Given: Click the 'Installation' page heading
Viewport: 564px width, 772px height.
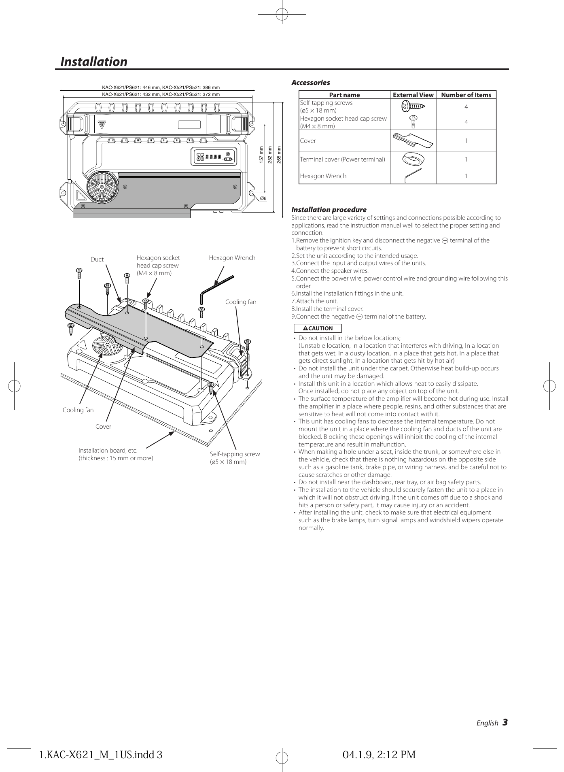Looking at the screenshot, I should tap(93, 62).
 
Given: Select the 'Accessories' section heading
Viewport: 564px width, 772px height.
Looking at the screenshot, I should tap(310, 83).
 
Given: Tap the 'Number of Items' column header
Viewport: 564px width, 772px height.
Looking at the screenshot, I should tap(466, 95).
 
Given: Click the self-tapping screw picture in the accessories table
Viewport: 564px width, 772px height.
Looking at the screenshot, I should tap(413, 106).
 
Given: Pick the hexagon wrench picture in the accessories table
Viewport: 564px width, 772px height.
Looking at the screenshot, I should tap(413, 176).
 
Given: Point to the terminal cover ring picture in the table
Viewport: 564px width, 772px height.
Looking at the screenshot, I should tap(413, 159).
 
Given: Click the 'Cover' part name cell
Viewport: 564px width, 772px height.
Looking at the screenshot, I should tap(308, 141).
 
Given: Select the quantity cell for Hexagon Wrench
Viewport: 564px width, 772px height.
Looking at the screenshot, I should tap(466, 176).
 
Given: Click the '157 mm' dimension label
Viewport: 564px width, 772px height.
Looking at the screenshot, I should tap(261, 155).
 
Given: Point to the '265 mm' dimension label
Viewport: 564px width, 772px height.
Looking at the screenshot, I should tap(279, 155).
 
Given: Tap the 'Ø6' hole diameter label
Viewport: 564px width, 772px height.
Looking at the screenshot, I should tap(263, 198).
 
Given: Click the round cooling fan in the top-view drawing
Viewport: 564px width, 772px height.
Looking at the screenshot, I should tap(102, 187).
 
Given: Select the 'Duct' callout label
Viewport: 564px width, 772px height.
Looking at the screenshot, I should tap(97, 259).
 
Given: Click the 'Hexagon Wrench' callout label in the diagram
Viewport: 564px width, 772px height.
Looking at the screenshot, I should tap(232, 258).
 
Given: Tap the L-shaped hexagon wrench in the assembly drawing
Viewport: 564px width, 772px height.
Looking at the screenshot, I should tap(214, 288).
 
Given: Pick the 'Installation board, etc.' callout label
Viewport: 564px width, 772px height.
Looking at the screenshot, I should tap(108, 451).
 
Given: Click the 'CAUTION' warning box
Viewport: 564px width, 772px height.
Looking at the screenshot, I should tap(318, 328).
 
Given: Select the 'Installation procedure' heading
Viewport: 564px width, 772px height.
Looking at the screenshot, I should tap(329, 210).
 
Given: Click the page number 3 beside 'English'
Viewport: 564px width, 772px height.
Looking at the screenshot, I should tap(505, 723).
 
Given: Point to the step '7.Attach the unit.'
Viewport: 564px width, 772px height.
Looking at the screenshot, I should tap(314, 301).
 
